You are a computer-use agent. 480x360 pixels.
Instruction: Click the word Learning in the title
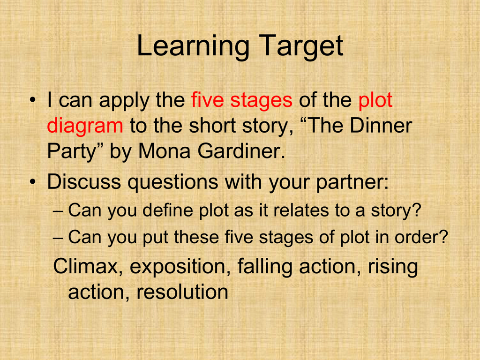[x=193, y=46]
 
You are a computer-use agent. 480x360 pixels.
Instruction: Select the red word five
[x=208, y=100]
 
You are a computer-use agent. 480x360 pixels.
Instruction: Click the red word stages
[x=261, y=102]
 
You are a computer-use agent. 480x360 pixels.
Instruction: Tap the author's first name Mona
[x=165, y=151]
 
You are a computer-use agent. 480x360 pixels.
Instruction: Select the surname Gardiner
[x=241, y=151]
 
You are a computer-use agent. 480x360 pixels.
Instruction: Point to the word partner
[x=352, y=183]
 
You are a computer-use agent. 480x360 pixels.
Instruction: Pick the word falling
[x=265, y=267]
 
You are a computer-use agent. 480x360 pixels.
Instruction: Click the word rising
[x=393, y=267]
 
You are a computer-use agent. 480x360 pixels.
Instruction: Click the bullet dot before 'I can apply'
[x=33, y=100]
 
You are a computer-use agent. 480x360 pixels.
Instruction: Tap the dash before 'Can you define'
[x=58, y=211]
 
